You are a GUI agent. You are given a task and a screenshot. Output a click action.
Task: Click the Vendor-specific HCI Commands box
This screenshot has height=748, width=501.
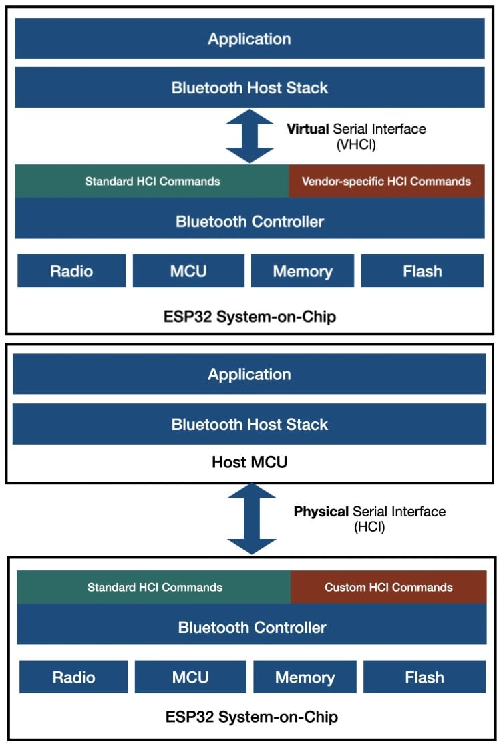coord(386,181)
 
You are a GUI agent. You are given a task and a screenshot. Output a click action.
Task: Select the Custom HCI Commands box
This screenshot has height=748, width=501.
coord(388,587)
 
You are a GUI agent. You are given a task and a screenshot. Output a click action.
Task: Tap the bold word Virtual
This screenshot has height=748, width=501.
coord(309,129)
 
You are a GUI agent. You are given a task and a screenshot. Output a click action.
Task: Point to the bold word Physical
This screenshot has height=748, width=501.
coord(321,512)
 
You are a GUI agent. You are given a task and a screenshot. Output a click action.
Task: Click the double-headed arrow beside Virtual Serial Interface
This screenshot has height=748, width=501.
coord(249,136)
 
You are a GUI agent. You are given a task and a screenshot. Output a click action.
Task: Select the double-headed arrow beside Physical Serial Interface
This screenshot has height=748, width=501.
coord(251,519)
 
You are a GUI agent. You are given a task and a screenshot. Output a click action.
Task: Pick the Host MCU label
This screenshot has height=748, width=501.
coord(249,461)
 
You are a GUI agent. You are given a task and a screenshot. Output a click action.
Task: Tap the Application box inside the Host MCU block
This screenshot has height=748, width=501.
coord(249,374)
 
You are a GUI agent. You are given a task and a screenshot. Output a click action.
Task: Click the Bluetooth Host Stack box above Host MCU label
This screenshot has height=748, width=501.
coord(249,424)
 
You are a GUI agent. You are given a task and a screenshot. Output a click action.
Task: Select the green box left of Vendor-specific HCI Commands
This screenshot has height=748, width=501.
coord(152,181)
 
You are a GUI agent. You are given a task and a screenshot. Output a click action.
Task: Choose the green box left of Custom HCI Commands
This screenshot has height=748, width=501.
coord(154,587)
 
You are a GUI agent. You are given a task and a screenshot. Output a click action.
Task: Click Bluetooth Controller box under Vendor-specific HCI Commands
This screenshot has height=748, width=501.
coord(249,221)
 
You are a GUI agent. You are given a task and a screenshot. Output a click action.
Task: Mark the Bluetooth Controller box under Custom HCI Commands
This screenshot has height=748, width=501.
coord(252,627)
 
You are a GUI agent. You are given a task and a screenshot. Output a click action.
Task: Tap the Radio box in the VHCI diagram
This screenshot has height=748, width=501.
coord(71,271)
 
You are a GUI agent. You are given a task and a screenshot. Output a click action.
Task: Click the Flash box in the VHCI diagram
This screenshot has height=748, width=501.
coord(422,271)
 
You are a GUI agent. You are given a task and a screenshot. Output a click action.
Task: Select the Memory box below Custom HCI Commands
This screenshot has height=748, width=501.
coord(305,677)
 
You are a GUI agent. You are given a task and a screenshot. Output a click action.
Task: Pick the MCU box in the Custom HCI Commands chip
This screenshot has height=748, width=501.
coord(190,677)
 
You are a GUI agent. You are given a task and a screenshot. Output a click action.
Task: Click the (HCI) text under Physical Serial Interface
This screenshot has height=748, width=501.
coord(369,526)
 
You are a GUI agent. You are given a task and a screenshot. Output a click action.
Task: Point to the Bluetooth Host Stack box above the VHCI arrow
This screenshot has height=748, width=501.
coord(249,87)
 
